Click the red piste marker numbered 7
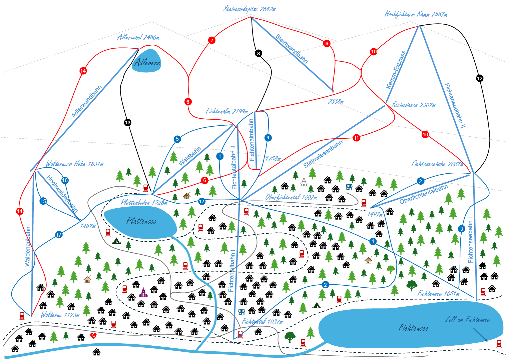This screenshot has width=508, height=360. pos(211,40)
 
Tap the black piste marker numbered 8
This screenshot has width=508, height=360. pos(258,53)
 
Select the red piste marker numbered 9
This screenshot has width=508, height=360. pos(327,43)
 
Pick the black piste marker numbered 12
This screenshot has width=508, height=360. pos(480,78)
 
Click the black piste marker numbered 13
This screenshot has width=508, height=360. pos(127,122)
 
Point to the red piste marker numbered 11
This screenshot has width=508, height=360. pos(357,138)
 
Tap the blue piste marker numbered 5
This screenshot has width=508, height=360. pos(177,139)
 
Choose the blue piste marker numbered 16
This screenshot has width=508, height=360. pos(65,180)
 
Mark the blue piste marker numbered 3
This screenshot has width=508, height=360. pos(462,229)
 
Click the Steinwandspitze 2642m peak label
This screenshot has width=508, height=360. pos(249,9)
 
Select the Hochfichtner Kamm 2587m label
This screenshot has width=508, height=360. pos(416,14)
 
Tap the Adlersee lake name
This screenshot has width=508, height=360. pos(147,63)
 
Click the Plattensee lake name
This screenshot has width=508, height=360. pos(141,221)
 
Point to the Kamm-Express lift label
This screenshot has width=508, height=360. pos(396,70)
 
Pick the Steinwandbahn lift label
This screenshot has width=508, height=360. pos(292,49)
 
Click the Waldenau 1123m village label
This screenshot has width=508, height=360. pos(60,315)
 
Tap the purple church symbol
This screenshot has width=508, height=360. pos(143,292)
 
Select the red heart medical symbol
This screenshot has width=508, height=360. pos(93,336)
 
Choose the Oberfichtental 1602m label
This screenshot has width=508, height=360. pos(291,197)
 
